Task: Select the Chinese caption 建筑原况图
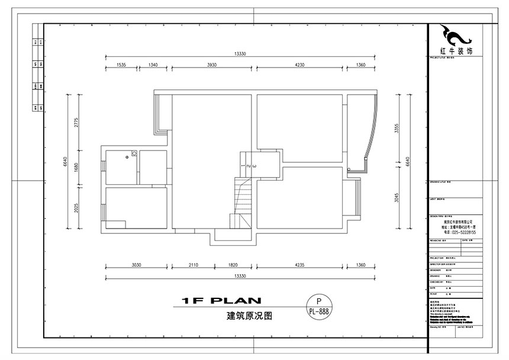coord(249,316)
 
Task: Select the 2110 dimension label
coord(193,266)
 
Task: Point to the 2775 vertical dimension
coord(77,122)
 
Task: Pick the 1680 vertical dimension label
coord(77,169)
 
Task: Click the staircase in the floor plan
coord(243,201)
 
